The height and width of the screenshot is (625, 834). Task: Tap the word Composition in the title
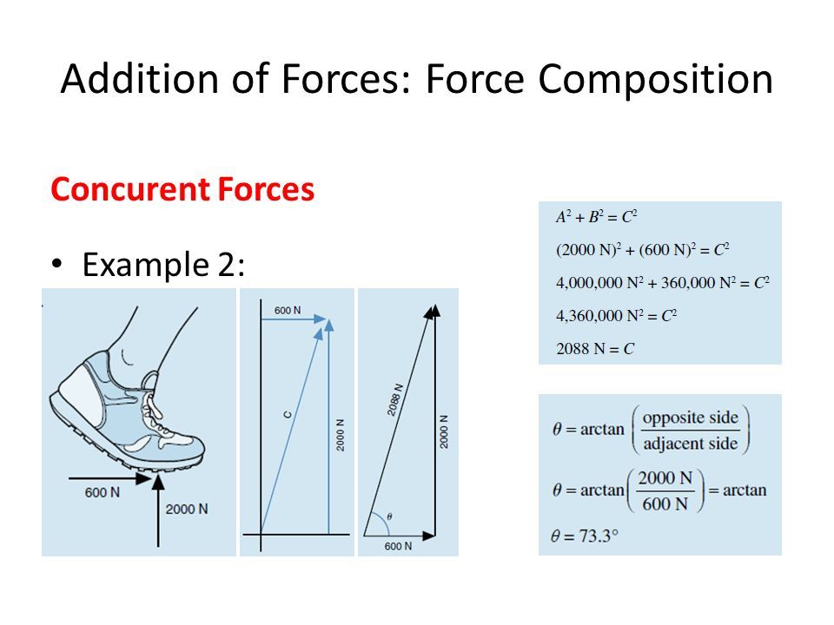(x=655, y=80)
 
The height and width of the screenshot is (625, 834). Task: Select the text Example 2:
(x=163, y=264)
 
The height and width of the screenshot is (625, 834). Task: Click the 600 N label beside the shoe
(x=103, y=493)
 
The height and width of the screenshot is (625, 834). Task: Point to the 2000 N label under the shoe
(x=187, y=510)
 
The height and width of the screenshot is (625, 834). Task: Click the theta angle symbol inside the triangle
(x=390, y=516)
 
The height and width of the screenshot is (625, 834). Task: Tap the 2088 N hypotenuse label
(x=395, y=399)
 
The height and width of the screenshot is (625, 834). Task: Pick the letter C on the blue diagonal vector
(x=288, y=415)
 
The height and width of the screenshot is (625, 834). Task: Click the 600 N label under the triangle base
(x=398, y=546)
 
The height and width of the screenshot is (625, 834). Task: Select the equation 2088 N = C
(x=595, y=349)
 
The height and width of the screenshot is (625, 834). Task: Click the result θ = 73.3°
(x=585, y=536)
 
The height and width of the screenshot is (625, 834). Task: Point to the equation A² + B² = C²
(x=596, y=217)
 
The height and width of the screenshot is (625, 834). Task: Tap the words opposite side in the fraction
(x=691, y=418)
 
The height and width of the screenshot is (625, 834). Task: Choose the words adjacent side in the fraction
(x=691, y=444)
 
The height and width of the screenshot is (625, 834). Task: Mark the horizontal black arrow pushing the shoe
(x=110, y=479)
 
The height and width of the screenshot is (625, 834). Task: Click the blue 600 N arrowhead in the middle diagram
(x=320, y=319)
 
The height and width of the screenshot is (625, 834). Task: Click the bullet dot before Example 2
(x=57, y=264)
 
